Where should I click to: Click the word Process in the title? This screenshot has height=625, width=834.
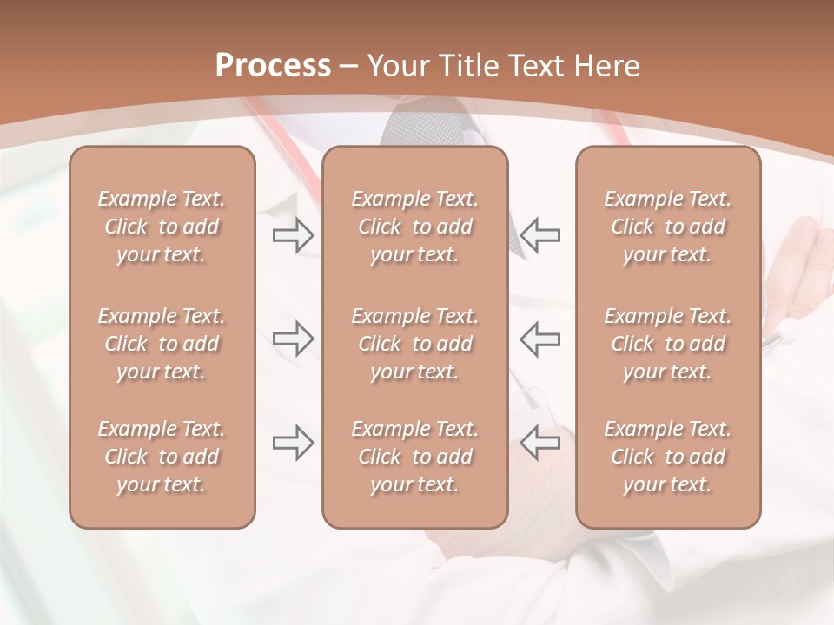(x=273, y=66)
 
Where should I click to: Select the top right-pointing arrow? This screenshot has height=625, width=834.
(x=293, y=234)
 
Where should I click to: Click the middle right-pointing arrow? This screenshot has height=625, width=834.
(x=293, y=339)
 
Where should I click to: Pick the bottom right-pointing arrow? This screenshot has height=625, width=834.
(x=293, y=443)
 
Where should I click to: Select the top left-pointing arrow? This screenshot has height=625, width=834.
(x=540, y=234)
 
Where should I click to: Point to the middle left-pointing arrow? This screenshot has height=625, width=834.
(x=540, y=339)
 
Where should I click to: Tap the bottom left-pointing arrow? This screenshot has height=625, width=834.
(x=540, y=443)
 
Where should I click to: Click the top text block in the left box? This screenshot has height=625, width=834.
(x=162, y=227)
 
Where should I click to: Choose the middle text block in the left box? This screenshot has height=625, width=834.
(x=162, y=344)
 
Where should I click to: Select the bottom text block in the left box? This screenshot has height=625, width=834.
(x=162, y=457)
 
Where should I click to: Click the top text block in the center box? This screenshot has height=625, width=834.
(x=415, y=227)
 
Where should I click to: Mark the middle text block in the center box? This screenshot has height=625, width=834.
(x=415, y=344)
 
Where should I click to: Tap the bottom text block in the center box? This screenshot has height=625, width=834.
(x=415, y=457)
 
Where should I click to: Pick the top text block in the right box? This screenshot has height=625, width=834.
(x=668, y=227)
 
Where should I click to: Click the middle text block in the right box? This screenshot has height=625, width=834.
(x=668, y=344)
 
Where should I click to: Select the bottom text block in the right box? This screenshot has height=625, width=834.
(x=668, y=457)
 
